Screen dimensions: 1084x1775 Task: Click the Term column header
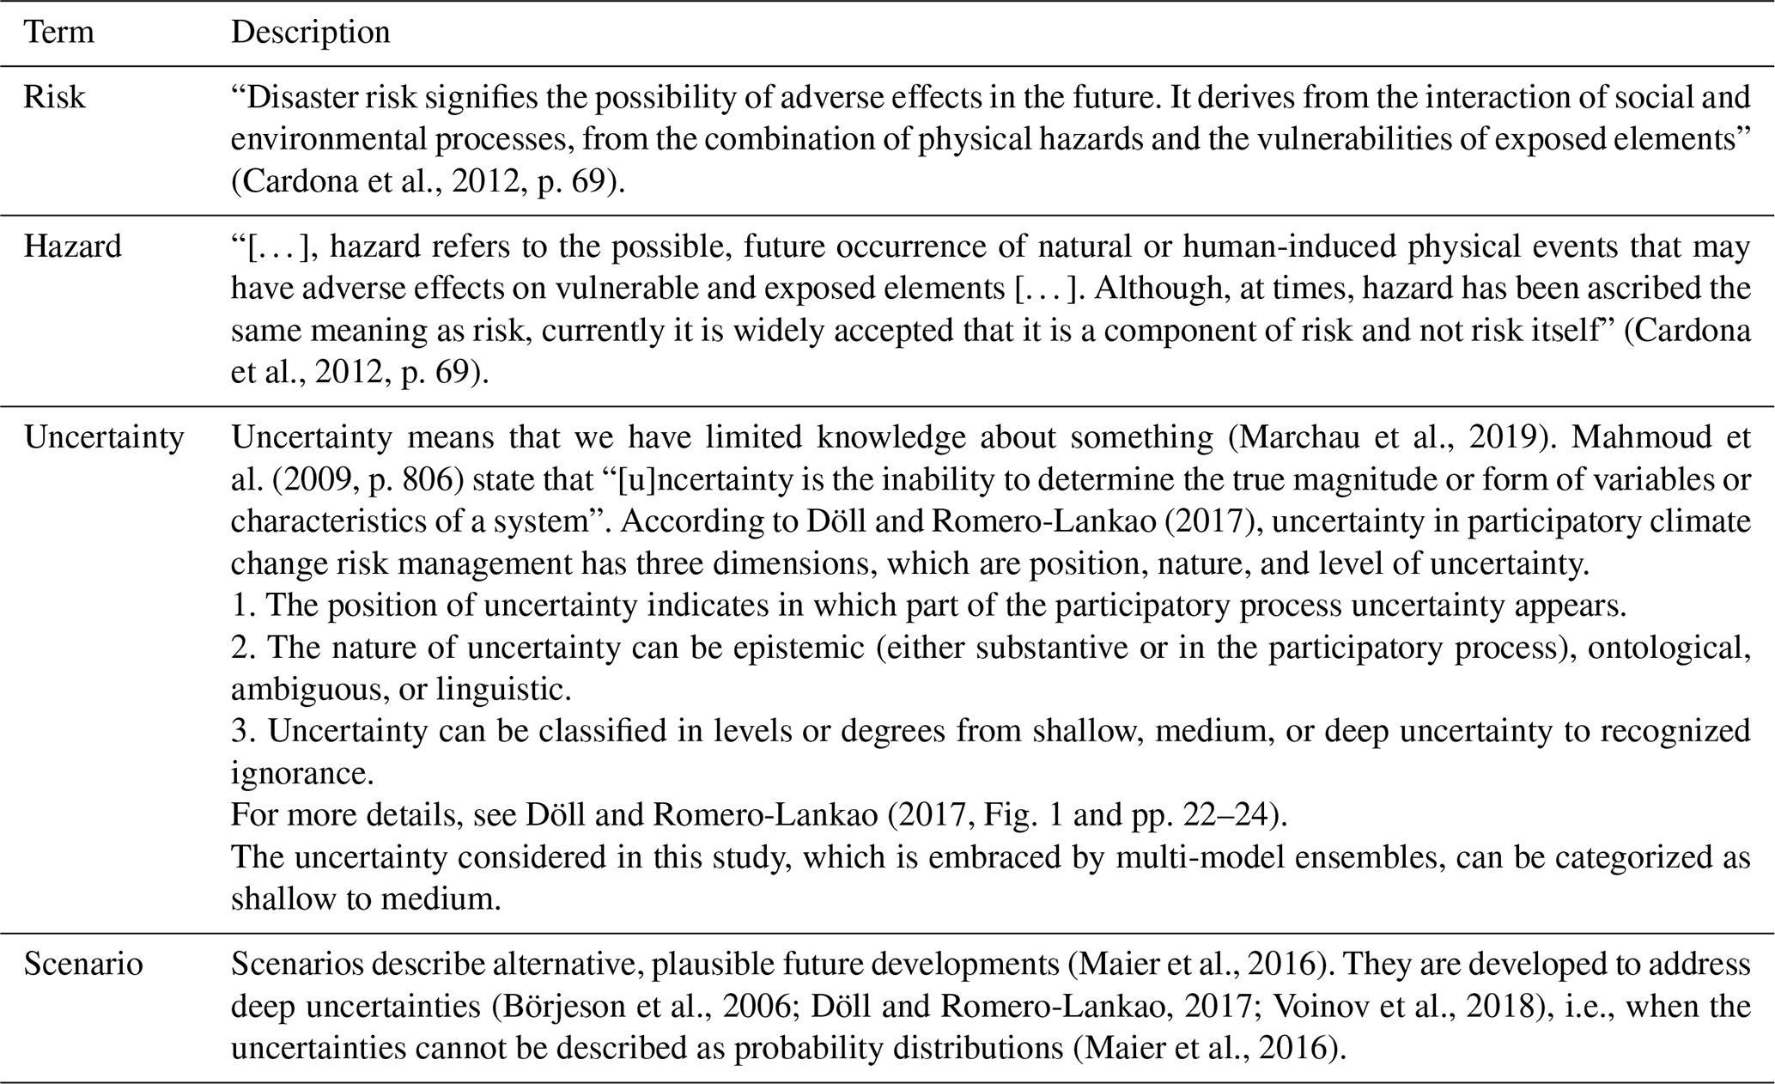point(58,33)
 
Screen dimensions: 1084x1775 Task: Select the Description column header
point(310,33)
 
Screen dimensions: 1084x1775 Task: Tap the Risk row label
point(54,97)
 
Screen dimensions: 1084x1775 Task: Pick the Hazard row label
point(72,247)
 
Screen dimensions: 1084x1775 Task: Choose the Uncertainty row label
point(103,437)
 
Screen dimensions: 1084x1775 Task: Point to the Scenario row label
point(82,964)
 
